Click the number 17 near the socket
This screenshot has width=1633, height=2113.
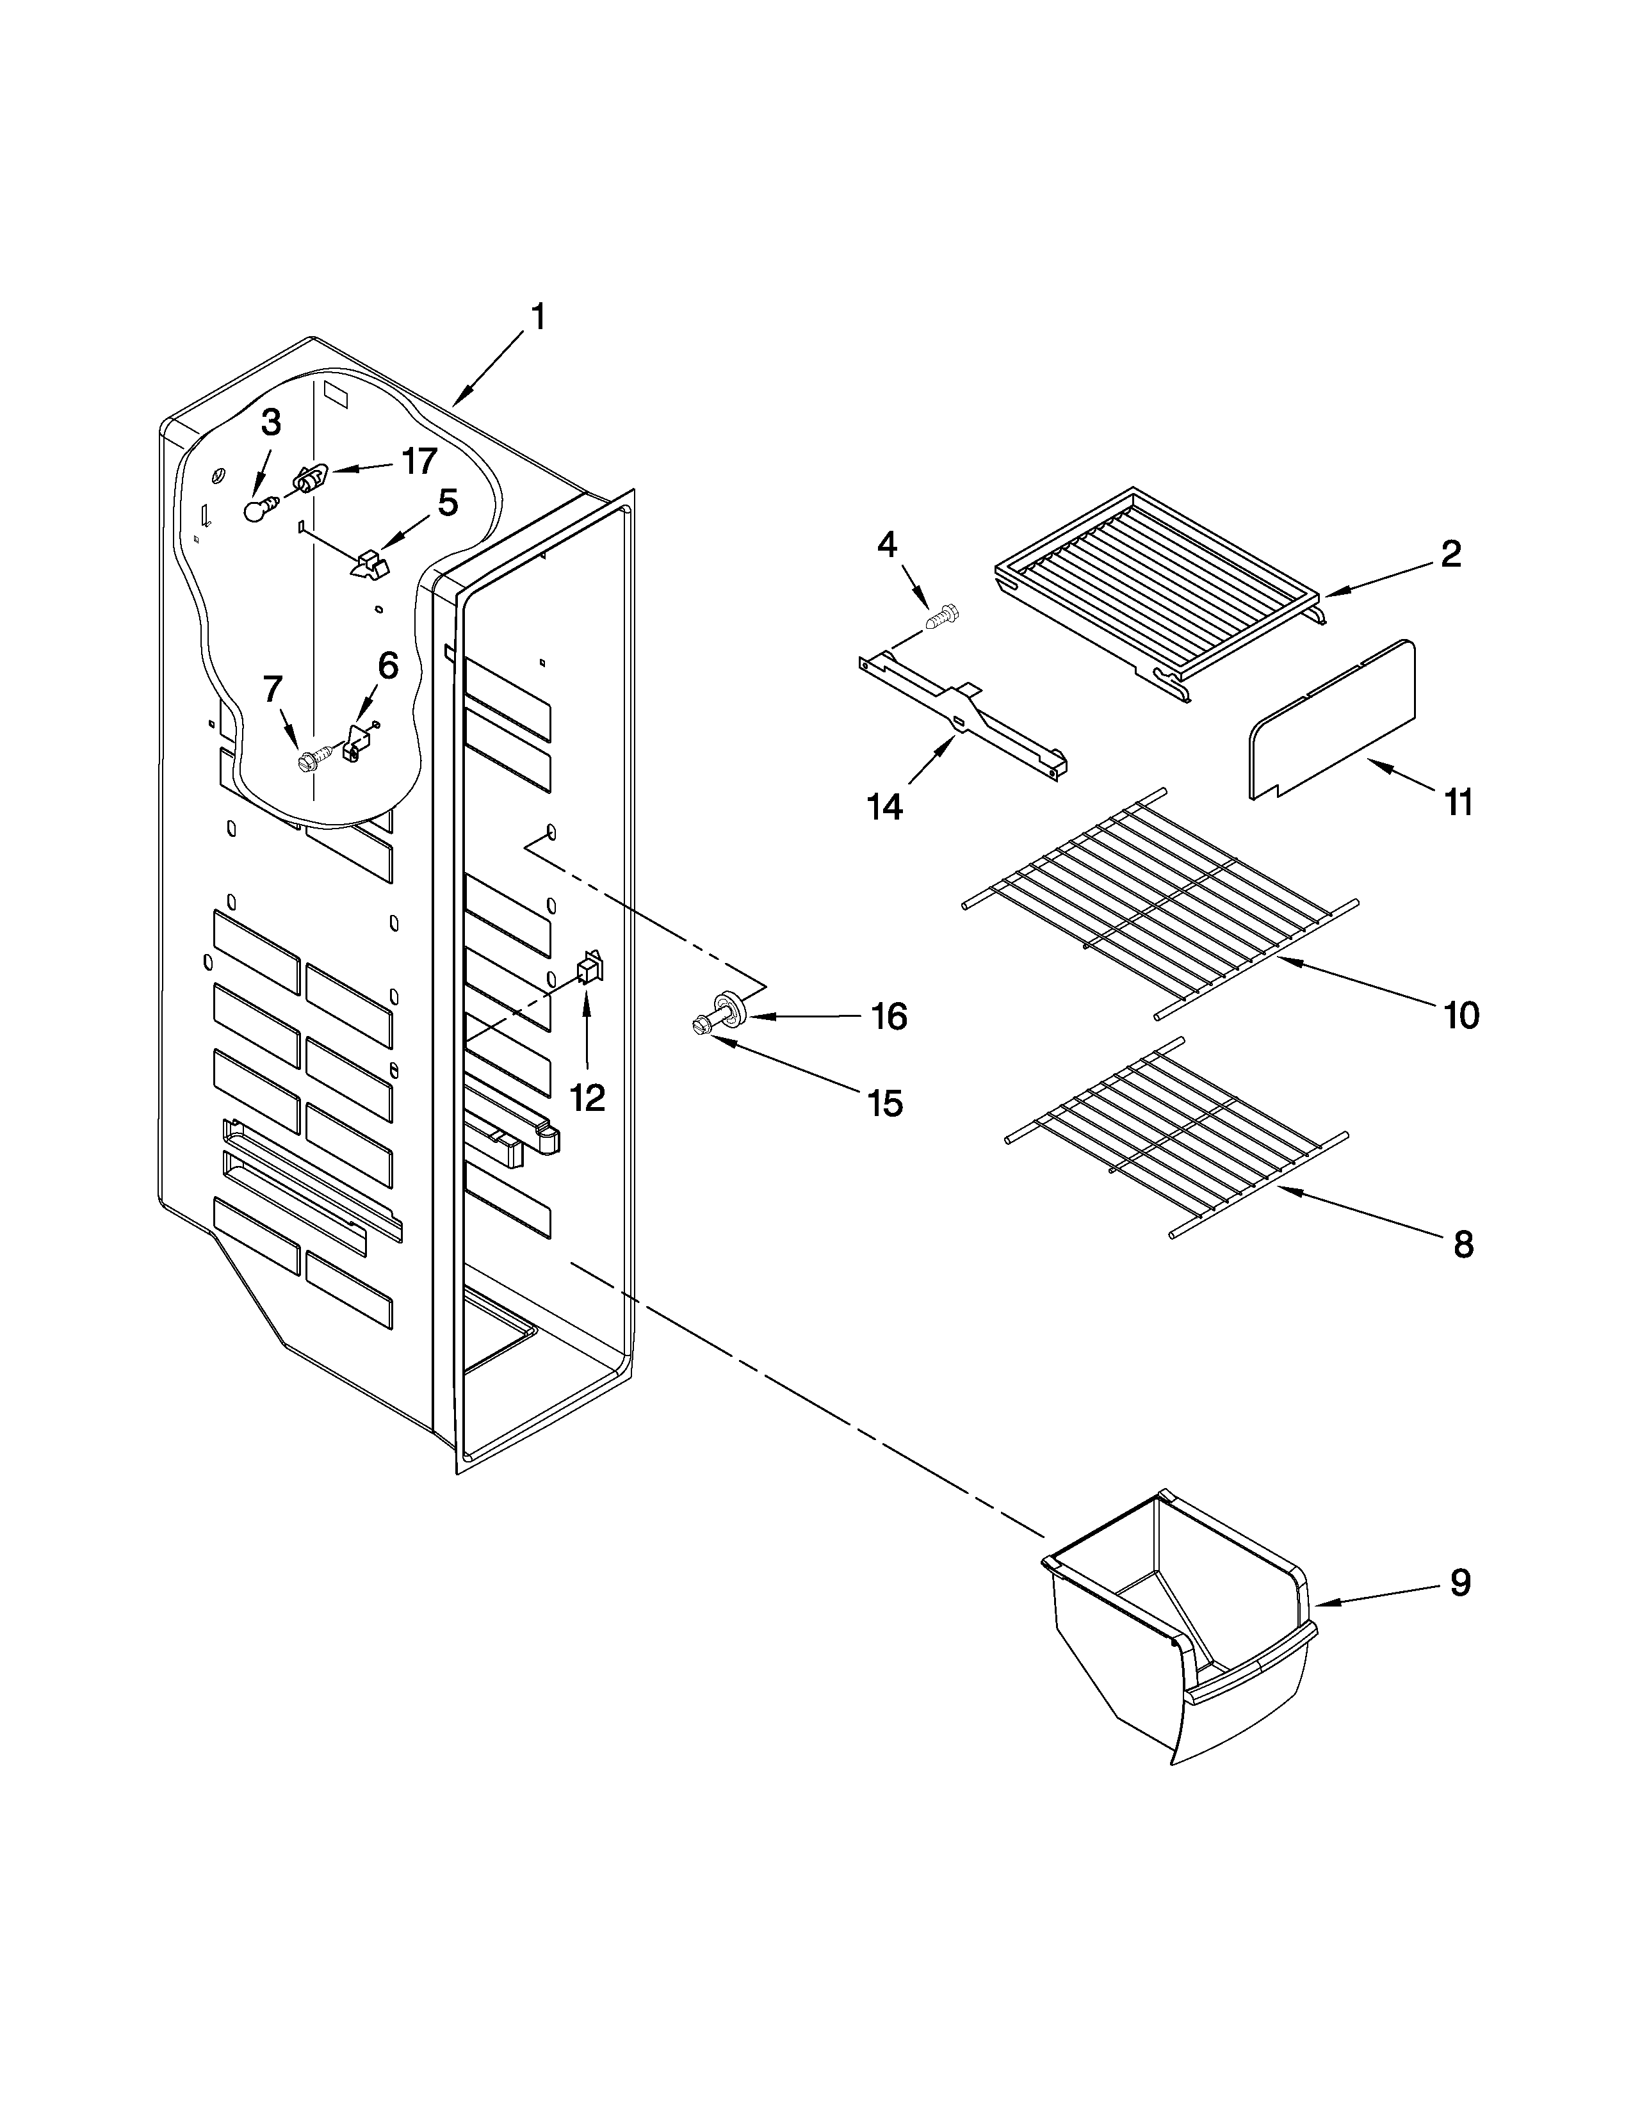418,462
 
